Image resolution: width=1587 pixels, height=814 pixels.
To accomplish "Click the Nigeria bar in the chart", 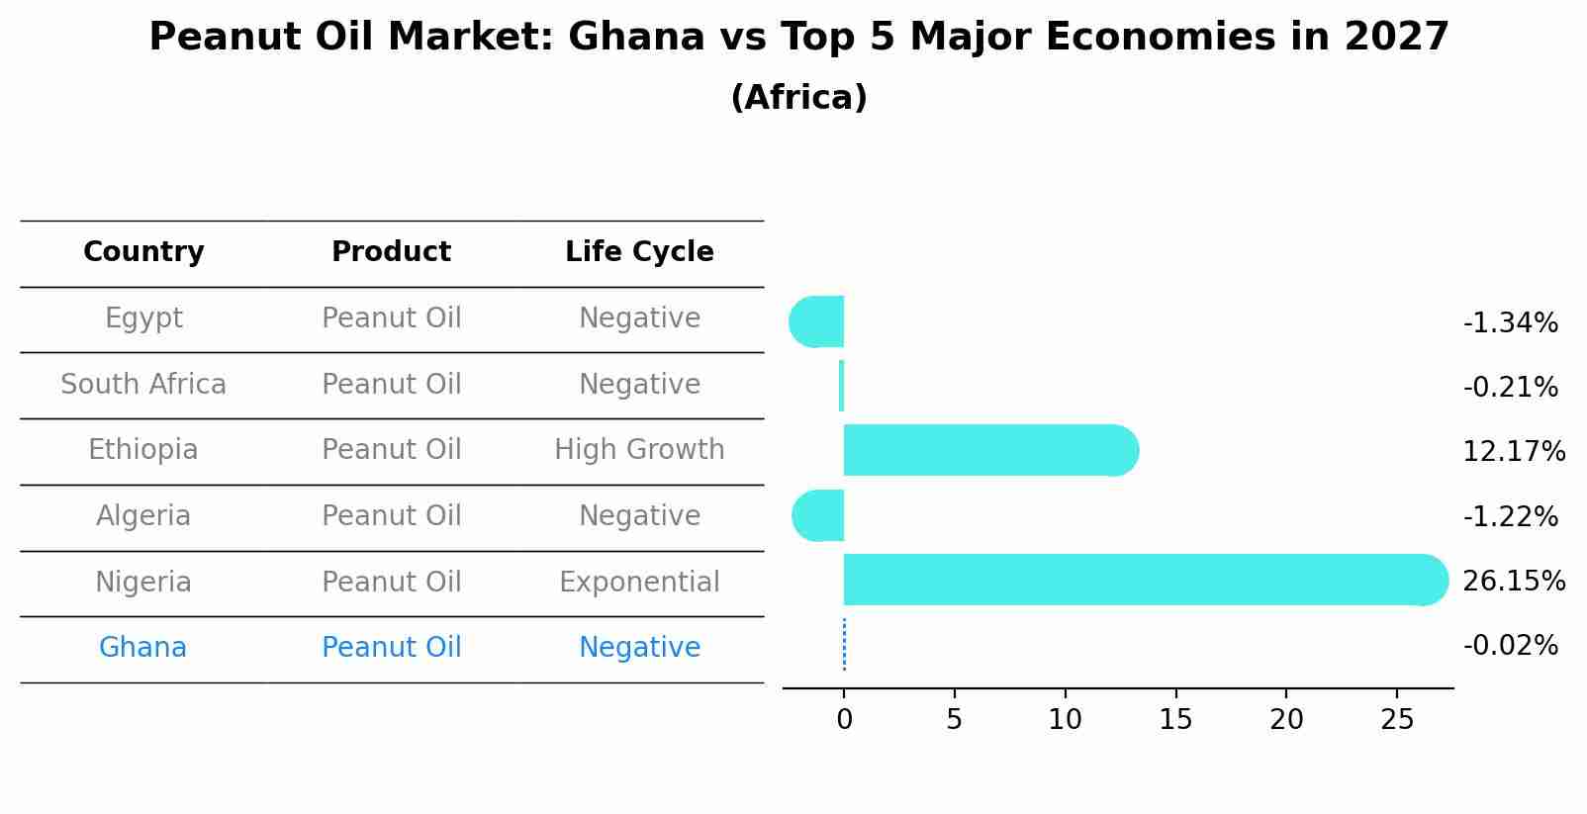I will pos(1138,580).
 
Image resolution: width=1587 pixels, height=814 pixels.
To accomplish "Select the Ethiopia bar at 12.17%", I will pos(989,450).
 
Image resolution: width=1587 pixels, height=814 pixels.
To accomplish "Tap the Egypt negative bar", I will pos(817,321).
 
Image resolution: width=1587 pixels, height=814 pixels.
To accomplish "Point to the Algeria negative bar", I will pos(819,515).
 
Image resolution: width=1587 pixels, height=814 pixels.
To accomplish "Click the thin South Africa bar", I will pos(841,386).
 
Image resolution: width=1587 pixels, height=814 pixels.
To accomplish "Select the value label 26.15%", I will pos(1513,581).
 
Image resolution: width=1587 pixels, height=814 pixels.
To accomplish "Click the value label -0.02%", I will pos(1510,646).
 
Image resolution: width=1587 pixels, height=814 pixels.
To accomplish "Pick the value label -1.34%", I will pos(1510,323).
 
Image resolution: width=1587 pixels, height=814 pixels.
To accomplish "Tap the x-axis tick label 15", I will pos(1175,720).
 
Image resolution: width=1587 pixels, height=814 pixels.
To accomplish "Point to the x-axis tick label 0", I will pos(844,720).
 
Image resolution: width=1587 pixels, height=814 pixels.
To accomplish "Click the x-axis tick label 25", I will pos(1397,720).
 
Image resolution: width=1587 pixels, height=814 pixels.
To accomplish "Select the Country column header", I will pos(143,252).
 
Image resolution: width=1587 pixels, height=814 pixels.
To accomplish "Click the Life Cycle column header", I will pos(639,252).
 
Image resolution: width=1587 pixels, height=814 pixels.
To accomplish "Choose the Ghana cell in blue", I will pos(142,648).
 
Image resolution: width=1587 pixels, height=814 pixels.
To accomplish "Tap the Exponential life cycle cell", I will pos(639,582).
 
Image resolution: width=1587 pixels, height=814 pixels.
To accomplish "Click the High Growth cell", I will pos(639,450).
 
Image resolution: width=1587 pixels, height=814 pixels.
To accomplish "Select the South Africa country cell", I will pos(143,384).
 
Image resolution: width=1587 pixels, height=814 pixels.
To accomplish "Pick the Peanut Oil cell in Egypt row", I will pos(391,318).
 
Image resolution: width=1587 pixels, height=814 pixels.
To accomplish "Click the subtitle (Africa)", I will pos(798,98).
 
